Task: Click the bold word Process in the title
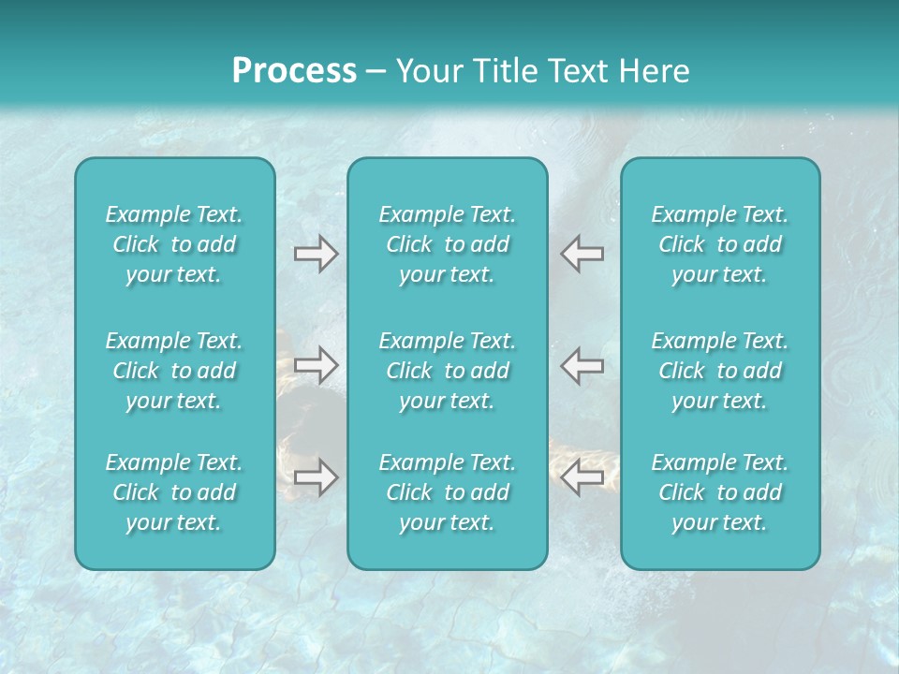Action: click(x=294, y=71)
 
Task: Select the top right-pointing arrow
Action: click(x=316, y=254)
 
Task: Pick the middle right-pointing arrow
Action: click(x=316, y=364)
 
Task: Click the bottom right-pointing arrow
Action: click(x=316, y=477)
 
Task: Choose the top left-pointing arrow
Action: click(x=582, y=254)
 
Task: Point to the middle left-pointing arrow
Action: click(x=582, y=364)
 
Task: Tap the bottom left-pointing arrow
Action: click(x=582, y=477)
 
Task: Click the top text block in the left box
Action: click(x=174, y=244)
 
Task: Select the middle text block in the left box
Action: click(x=174, y=371)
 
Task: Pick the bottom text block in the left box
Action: click(x=174, y=492)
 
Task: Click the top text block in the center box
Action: click(x=447, y=244)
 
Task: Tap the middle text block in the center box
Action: click(x=447, y=371)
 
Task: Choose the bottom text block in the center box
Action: click(x=447, y=492)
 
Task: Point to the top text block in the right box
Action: click(x=719, y=244)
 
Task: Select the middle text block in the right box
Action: click(x=719, y=371)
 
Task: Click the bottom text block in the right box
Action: click(x=719, y=492)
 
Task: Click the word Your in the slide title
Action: click(x=428, y=71)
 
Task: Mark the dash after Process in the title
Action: click(x=376, y=72)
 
